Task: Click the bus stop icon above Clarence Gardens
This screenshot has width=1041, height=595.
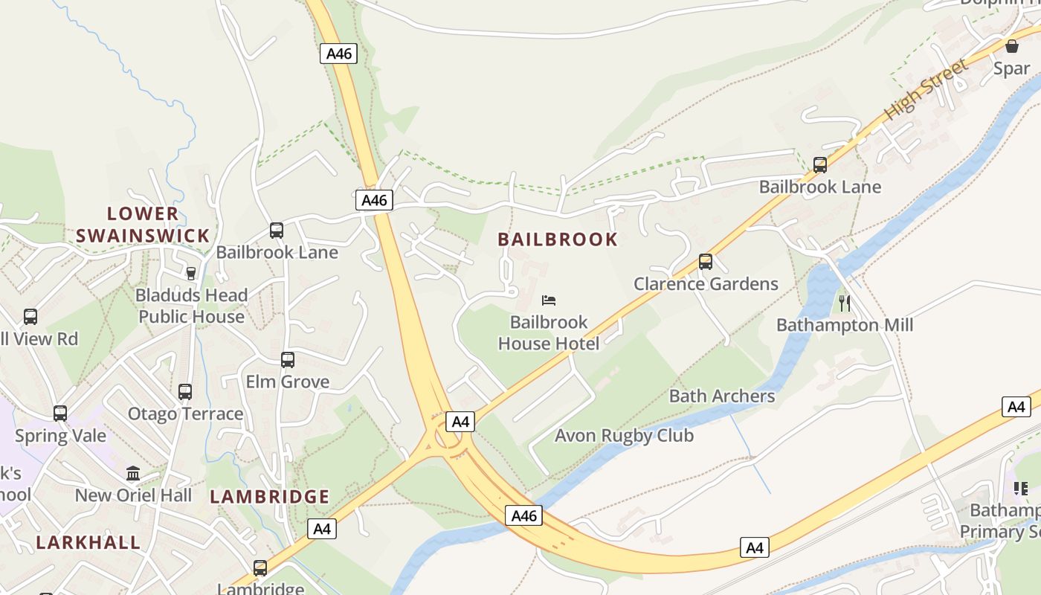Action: pyautogui.click(x=705, y=262)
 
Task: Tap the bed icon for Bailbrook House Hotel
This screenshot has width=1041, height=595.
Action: pyautogui.click(x=549, y=300)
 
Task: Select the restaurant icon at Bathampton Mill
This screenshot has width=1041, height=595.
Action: pyautogui.click(x=844, y=303)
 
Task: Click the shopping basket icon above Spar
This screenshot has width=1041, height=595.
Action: pyautogui.click(x=1012, y=46)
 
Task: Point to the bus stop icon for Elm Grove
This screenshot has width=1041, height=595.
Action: pyautogui.click(x=288, y=360)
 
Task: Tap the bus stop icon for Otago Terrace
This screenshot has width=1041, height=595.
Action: pyautogui.click(x=185, y=391)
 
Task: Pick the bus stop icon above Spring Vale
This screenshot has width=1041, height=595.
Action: pyautogui.click(x=60, y=413)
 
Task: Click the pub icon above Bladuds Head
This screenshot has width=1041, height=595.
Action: pyautogui.click(x=191, y=273)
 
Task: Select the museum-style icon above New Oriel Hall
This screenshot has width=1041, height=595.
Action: pyautogui.click(x=133, y=473)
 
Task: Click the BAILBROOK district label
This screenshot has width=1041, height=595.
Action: pyautogui.click(x=558, y=239)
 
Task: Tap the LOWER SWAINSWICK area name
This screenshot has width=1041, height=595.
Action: pyautogui.click(x=143, y=225)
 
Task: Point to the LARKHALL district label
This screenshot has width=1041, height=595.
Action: pyautogui.click(x=88, y=542)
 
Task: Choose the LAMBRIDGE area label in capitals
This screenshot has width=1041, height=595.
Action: pyautogui.click(x=269, y=496)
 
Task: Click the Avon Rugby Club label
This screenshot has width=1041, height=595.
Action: pyautogui.click(x=624, y=436)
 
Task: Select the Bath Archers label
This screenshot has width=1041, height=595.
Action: pyautogui.click(x=722, y=396)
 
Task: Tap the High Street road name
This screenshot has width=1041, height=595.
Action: pyautogui.click(x=926, y=90)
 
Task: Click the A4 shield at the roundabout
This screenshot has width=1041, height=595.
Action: pyautogui.click(x=460, y=422)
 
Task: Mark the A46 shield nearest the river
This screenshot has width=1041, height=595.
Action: pyautogui.click(x=524, y=515)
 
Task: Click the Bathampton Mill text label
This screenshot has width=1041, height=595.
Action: pyautogui.click(x=845, y=325)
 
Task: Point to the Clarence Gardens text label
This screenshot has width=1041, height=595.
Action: pyautogui.click(x=706, y=284)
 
